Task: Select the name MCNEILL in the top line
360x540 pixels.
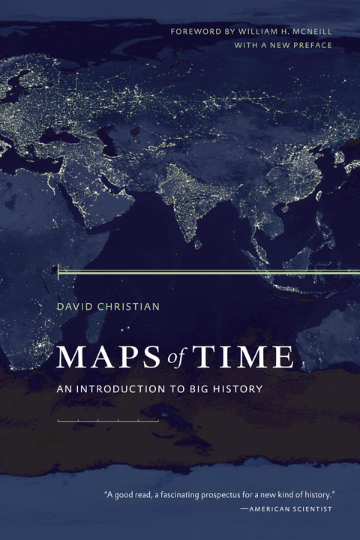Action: click(x=308, y=31)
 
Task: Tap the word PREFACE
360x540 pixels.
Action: click(x=307, y=45)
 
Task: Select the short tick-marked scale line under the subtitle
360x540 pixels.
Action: click(x=108, y=421)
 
